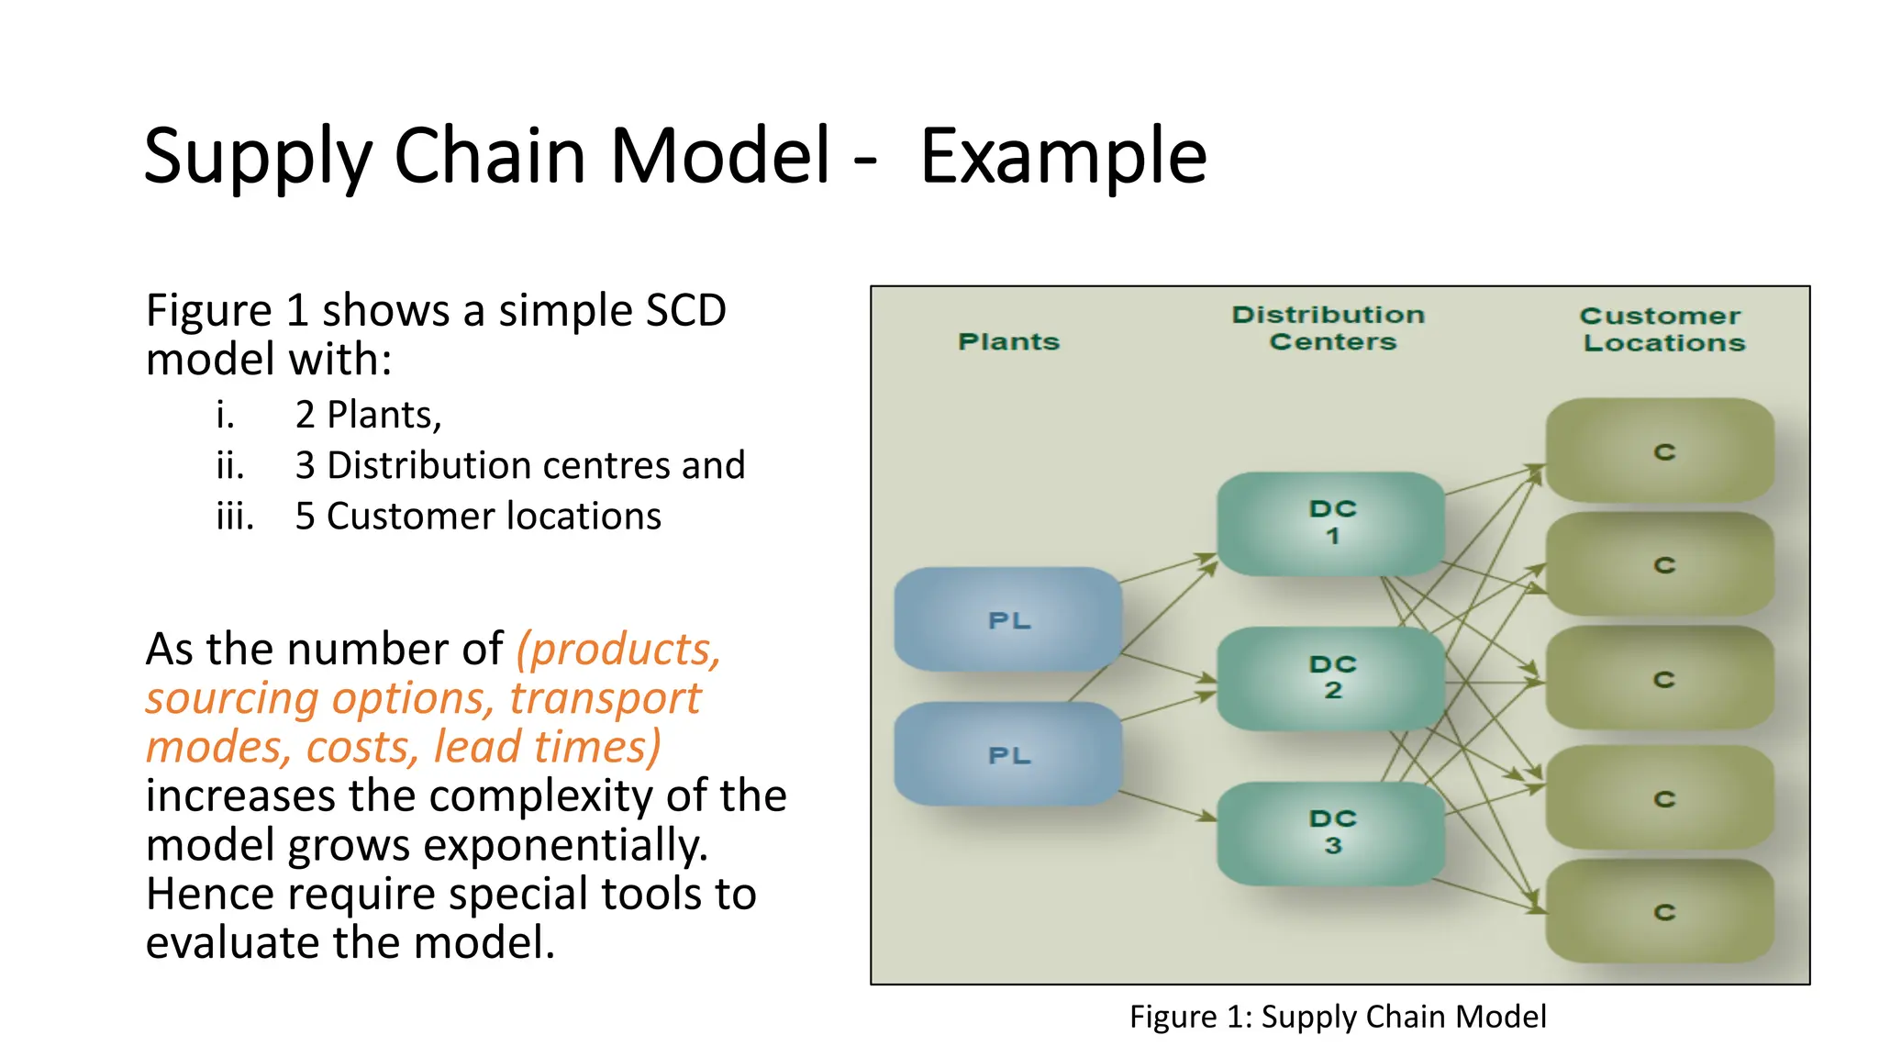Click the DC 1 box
coord(1330,523)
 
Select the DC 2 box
coord(1330,678)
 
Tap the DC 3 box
coord(1330,832)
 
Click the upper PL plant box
coord(1007,620)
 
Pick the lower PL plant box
coord(1007,754)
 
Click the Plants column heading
coord(1008,341)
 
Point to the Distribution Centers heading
coord(1329,328)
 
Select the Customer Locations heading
coord(1662,328)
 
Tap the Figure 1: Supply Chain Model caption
coord(1337,1017)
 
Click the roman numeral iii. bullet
coord(235,517)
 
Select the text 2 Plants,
coord(368,415)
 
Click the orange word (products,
coord(618,650)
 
